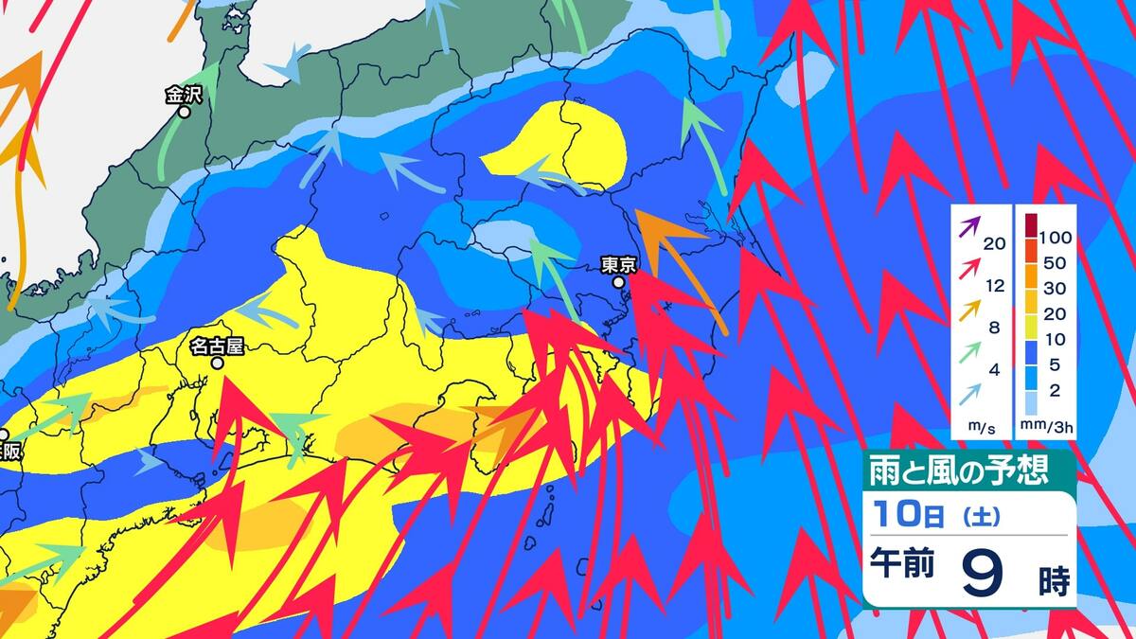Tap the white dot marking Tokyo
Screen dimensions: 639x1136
(618, 282)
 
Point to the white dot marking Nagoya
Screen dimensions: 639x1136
(218, 363)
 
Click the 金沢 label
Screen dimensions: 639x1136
(183, 95)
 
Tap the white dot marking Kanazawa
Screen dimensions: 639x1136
(185, 112)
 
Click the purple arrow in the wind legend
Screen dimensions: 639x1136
(969, 227)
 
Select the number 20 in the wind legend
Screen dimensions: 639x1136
(994, 243)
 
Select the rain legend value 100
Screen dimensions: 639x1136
(1055, 235)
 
